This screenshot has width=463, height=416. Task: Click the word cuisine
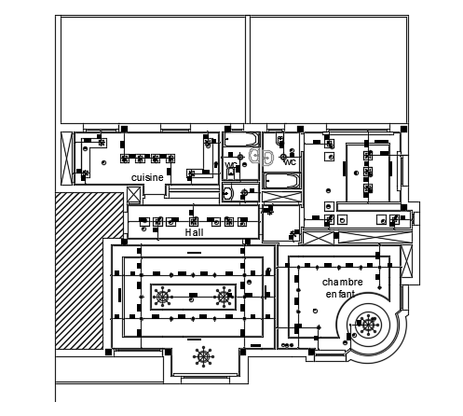(147, 176)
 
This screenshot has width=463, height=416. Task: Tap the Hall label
(194, 232)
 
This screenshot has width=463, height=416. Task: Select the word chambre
(342, 281)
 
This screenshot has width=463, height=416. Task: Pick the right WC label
(290, 162)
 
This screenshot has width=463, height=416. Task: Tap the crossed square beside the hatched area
(134, 195)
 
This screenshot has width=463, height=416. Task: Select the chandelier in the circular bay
(371, 325)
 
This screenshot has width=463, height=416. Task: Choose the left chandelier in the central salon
(163, 297)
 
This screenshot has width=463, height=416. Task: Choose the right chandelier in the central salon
(224, 297)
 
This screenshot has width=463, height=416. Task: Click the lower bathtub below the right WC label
(281, 181)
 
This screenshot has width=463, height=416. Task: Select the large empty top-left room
(152, 70)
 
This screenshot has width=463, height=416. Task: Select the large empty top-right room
(327, 70)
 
